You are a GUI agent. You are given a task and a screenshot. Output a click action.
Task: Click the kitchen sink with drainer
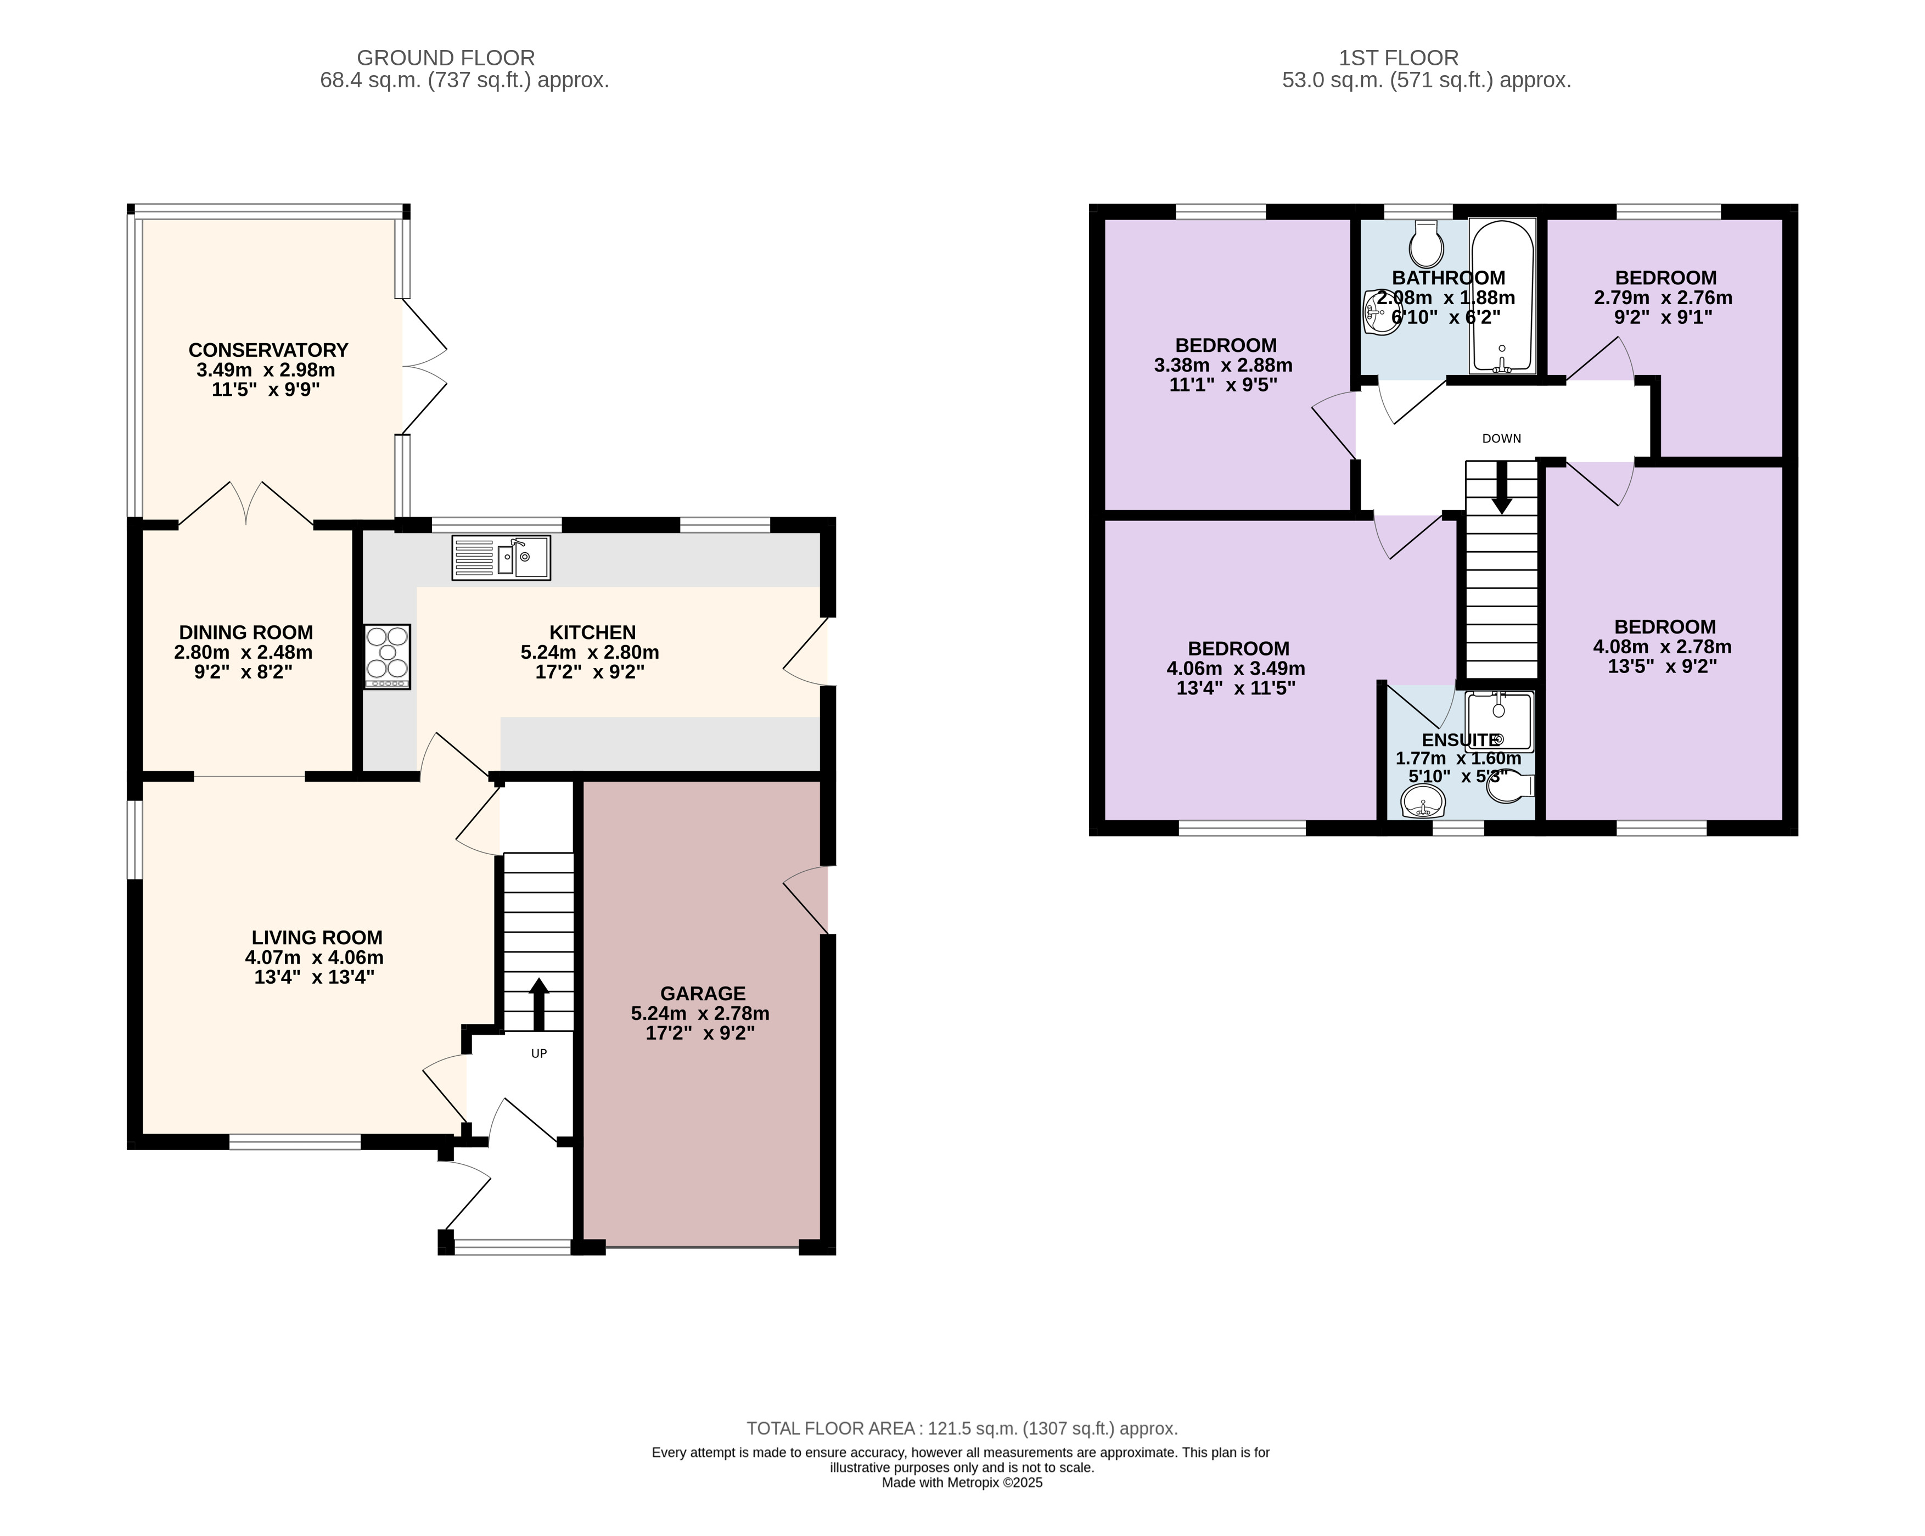click(x=501, y=557)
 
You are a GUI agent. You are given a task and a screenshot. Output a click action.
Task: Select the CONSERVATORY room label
click(x=268, y=350)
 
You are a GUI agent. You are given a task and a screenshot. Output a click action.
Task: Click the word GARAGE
click(x=703, y=993)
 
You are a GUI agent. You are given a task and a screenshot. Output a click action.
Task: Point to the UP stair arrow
click(x=539, y=1005)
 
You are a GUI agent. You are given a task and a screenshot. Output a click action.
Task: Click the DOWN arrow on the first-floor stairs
click(x=1502, y=487)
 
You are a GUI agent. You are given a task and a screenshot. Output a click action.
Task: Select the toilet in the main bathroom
click(x=1427, y=243)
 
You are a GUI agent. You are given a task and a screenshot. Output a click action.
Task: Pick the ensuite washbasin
click(x=1423, y=803)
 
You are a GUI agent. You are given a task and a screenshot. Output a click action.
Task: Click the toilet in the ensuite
click(x=1511, y=786)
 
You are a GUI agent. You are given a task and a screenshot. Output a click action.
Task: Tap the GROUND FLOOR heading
click(x=446, y=58)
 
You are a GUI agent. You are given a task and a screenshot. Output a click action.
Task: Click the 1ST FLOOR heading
click(x=1398, y=58)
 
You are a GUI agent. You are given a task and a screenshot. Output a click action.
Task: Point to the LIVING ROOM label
click(x=317, y=938)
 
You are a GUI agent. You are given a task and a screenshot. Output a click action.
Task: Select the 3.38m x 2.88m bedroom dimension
click(x=1223, y=365)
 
